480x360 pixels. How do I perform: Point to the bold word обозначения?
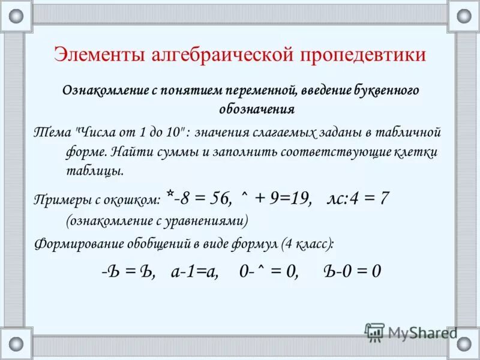[x=256, y=109]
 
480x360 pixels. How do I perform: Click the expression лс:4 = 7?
[x=358, y=199]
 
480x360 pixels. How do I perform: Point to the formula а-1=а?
[x=194, y=271]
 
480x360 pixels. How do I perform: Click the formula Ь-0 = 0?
[x=352, y=271]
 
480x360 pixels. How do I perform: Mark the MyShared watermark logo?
[x=410, y=332]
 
